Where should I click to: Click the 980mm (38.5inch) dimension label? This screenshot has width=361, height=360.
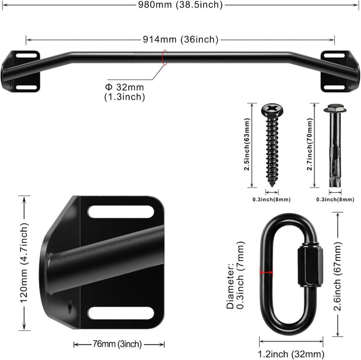tap(180, 5)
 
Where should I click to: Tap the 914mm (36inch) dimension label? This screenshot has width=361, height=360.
tap(180, 40)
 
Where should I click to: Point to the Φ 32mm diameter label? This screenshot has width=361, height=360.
tap(125, 92)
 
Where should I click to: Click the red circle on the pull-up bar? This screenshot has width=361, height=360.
tap(165, 56)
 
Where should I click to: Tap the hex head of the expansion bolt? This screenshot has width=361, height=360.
tap(334, 109)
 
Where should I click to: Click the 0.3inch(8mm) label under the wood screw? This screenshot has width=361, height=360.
tap(272, 200)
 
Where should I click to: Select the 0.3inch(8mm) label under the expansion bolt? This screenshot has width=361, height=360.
tap(335, 200)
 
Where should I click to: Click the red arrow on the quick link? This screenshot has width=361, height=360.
tap(267, 272)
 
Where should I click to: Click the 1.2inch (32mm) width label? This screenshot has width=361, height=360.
tap(291, 353)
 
